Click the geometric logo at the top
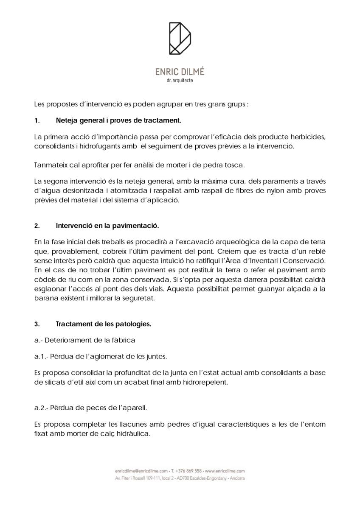(x=180, y=39)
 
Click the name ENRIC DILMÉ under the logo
(x=180, y=72)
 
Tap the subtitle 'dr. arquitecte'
(x=180, y=81)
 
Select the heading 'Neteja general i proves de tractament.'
(x=118, y=120)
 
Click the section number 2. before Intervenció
(x=37, y=226)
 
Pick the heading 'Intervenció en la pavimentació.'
(x=107, y=226)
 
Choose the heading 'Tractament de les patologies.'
(x=104, y=324)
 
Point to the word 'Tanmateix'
(x=49, y=165)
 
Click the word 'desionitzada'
(x=80, y=190)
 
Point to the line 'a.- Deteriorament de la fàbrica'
(x=84, y=340)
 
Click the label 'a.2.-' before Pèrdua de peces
(x=41, y=408)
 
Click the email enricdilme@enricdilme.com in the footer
(x=141, y=471)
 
